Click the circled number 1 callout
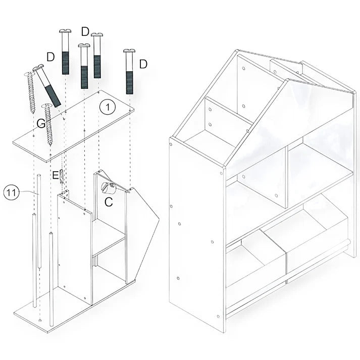tap(108, 107)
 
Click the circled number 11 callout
tap(11, 192)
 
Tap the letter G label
tap(41, 124)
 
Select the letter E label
tap(56, 176)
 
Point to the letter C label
tap(109, 202)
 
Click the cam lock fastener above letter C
tap(109, 188)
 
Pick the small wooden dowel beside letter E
tap(62, 177)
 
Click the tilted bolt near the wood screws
tap(47, 85)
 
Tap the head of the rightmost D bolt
tap(129, 50)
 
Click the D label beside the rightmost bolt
tap(143, 64)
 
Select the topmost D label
tap(85, 32)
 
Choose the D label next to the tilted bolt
tap(50, 57)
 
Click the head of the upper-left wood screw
tap(28, 74)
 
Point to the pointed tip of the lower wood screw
tap(50, 145)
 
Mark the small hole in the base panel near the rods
tap(40, 320)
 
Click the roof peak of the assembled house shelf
tap(238, 50)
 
